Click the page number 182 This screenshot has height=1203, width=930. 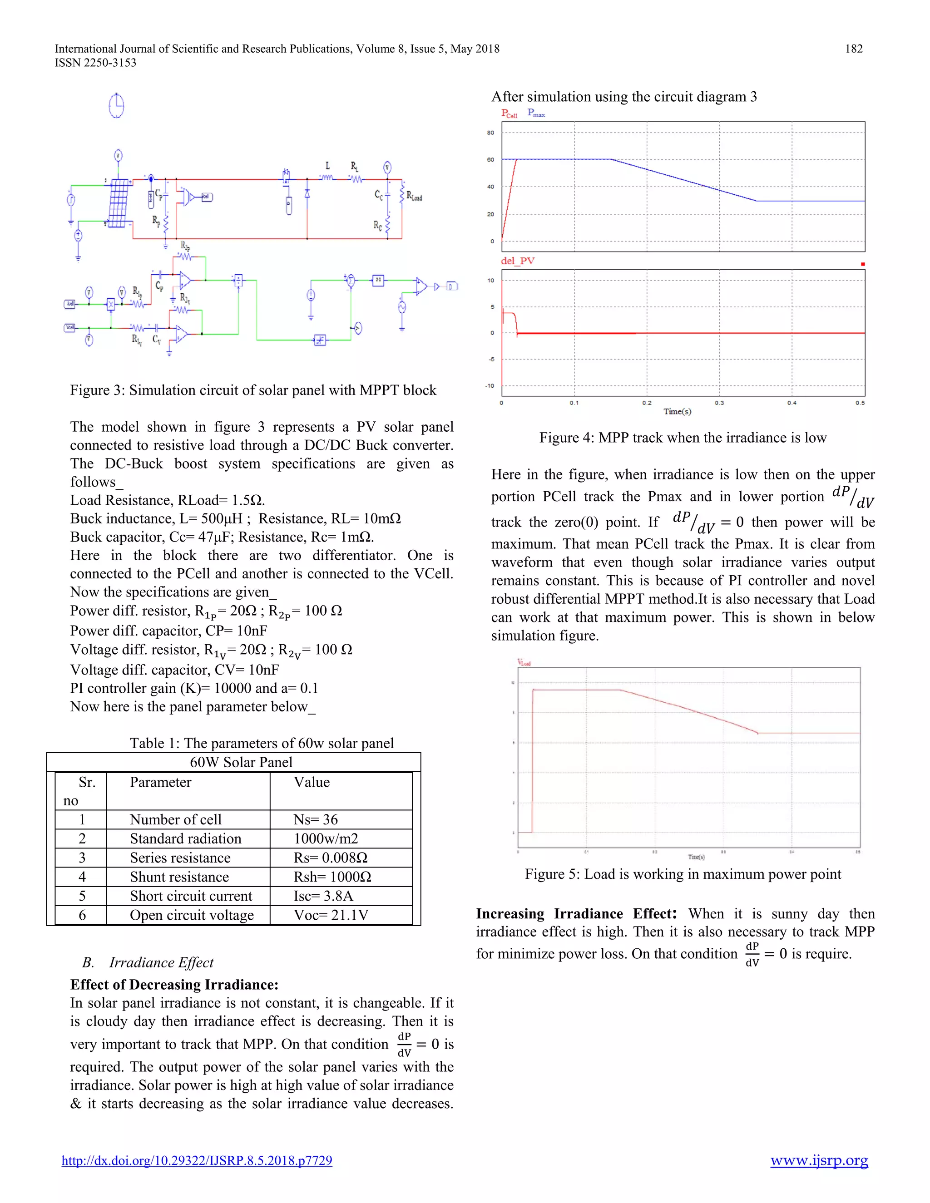853,49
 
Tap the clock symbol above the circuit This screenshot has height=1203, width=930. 116,106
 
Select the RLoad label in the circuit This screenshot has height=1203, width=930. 414,196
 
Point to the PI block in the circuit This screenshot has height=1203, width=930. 378,281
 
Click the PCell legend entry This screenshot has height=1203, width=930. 509,113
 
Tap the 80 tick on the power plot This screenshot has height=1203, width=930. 490,133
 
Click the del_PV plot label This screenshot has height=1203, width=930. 517,261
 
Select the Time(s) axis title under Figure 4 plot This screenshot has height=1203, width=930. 677,411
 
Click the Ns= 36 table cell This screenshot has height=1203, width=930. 316,819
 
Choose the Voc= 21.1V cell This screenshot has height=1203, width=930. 331,916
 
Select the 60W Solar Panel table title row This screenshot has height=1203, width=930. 241,762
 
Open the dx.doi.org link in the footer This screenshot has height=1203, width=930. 197,1161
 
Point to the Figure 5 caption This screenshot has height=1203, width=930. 683,874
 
